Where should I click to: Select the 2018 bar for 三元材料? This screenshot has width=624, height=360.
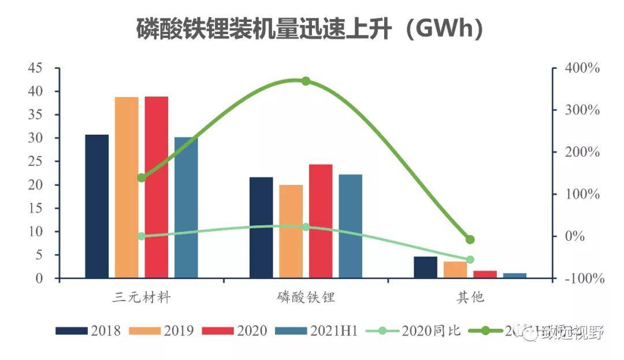pos(96,206)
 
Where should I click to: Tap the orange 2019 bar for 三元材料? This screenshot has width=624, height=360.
pos(127,188)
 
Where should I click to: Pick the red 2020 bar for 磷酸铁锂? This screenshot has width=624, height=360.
pos(321,221)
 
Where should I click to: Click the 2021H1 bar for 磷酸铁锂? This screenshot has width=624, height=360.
pos(350,226)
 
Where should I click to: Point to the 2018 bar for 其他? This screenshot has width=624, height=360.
pos(426,268)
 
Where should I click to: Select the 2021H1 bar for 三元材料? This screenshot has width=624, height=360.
pos(186,207)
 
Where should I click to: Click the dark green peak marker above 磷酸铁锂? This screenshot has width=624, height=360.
pos(306,81)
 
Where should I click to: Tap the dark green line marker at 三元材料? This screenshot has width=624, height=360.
pos(142,177)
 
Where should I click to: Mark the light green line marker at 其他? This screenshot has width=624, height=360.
pos(470,260)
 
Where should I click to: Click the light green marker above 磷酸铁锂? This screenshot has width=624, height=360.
pos(306,227)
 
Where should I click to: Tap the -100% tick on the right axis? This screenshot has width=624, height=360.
pos(584,279)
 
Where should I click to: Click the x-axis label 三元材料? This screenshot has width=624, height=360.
pos(142,298)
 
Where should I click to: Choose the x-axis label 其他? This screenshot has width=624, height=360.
pos(470,298)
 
